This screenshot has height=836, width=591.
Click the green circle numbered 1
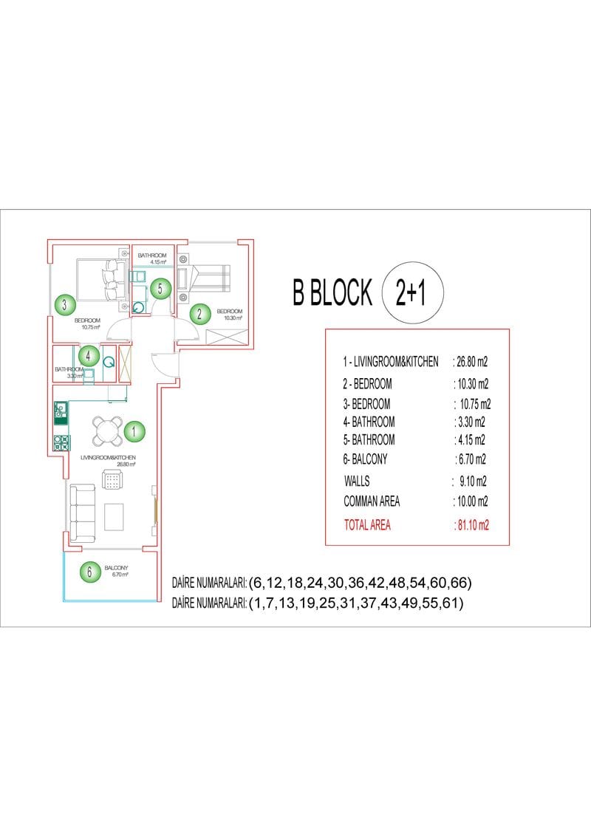[134, 431]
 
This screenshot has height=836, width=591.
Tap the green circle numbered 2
[200, 313]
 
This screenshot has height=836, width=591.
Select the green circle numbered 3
[65, 305]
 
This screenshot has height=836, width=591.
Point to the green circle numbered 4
[89, 355]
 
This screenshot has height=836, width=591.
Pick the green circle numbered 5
[160, 289]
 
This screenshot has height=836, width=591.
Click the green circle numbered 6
[89, 572]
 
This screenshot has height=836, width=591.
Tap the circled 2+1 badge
[413, 292]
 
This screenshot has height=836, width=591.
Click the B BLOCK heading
[332, 292]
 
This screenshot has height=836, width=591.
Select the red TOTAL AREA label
[367, 525]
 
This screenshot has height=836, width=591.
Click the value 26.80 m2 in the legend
[471, 362]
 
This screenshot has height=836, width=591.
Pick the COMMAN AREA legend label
[372, 501]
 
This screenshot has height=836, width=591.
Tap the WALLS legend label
[357, 481]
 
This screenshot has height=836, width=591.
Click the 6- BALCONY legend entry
[365, 459]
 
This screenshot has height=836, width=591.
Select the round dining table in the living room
[108, 431]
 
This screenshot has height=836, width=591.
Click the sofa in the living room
[83, 512]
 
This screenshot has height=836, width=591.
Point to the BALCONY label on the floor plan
[116, 568]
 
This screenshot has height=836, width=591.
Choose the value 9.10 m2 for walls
[473, 482]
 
